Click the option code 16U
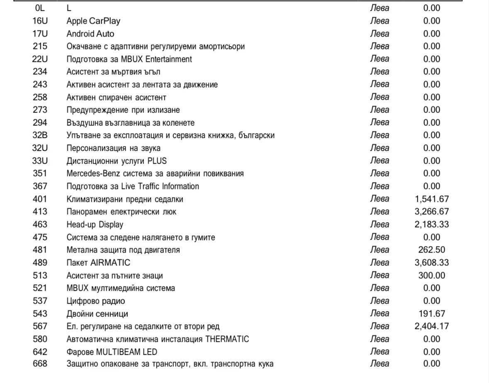(40, 21)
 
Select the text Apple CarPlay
(93, 21)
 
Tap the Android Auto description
(90, 34)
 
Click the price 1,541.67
(431, 199)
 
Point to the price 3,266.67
(431, 211)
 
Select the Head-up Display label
(95, 225)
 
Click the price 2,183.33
(431, 224)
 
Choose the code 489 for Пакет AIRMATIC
(40, 263)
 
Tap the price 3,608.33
(431, 263)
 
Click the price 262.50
(432, 250)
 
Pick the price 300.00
(432, 275)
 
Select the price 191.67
(432, 314)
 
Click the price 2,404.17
(431, 327)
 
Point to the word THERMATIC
(227, 339)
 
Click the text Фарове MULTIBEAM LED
(112, 352)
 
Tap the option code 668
(40, 364)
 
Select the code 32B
(40, 135)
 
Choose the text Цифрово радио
(95, 301)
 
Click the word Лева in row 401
(380, 199)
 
